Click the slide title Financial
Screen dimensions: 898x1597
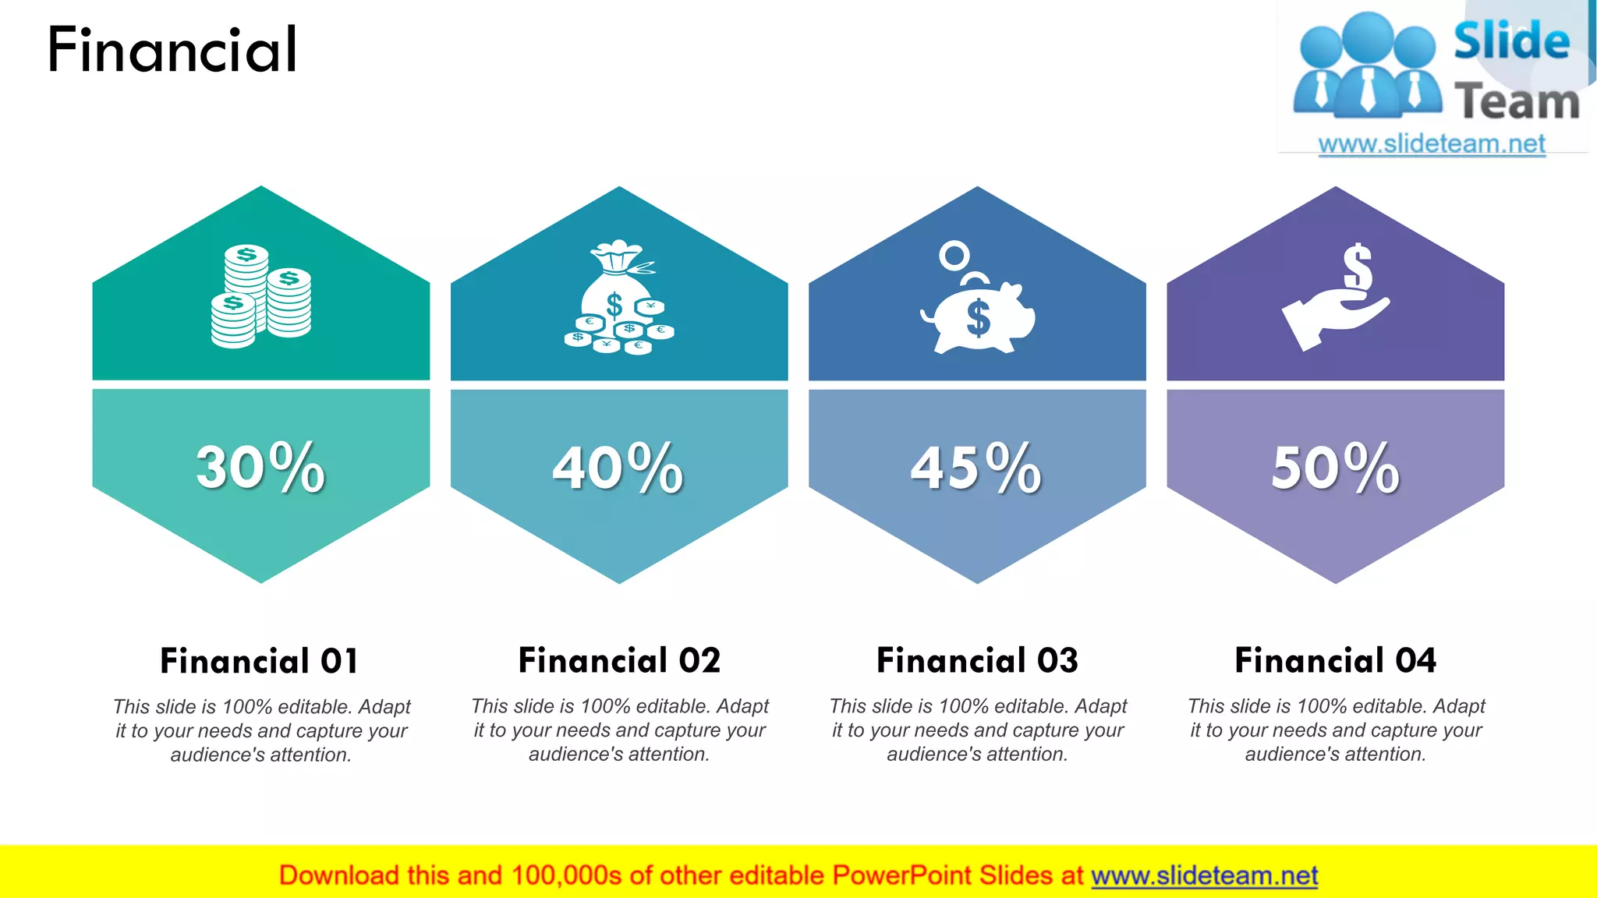coord(172,50)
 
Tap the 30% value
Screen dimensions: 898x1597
coord(260,468)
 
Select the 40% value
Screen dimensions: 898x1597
coord(618,468)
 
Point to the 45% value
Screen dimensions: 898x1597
coord(976,468)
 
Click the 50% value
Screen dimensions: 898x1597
coord(1335,468)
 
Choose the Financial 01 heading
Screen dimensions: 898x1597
coord(260,661)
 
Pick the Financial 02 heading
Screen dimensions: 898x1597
coord(619,660)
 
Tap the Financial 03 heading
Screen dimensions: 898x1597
coord(977,660)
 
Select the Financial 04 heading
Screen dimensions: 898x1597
coord(1335,660)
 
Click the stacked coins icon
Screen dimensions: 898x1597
coord(261,296)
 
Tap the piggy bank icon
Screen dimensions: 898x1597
coord(979,316)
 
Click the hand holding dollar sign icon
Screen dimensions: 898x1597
coord(1335,300)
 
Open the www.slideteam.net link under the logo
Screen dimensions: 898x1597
coord(1432,143)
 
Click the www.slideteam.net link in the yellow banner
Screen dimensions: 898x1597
coord(1204,875)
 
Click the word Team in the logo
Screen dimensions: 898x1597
coord(1517,102)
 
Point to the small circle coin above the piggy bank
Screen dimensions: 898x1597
coord(954,255)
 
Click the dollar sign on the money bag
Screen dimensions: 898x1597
coord(614,305)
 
